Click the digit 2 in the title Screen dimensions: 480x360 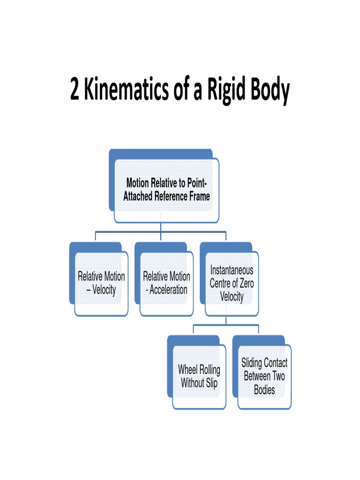click(x=75, y=90)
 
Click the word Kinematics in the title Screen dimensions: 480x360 click(x=122, y=90)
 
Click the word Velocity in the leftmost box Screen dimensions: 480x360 click(x=104, y=290)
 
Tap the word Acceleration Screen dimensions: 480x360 click(x=168, y=290)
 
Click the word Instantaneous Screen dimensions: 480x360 click(x=232, y=270)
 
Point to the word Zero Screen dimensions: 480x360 click(x=244, y=283)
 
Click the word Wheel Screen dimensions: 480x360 click(x=188, y=369)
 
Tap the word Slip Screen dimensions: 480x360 click(x=211, y=383)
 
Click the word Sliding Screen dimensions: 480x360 click(x=252, y=363)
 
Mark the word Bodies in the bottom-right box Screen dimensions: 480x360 click(x=264, y=390)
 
